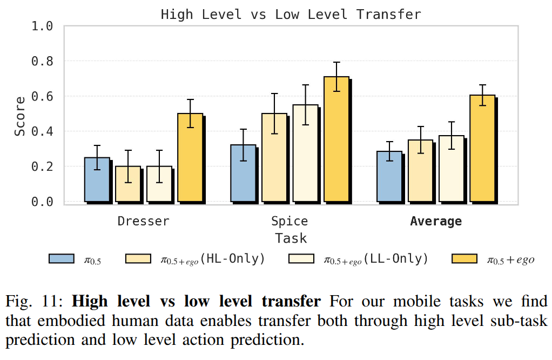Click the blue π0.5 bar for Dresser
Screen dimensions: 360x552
97,179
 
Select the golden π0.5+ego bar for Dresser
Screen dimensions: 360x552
190,157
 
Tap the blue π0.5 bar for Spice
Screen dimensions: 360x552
243,173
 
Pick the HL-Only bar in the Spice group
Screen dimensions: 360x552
274,157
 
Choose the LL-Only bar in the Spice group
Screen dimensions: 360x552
305,153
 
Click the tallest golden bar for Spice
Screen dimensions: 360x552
336,139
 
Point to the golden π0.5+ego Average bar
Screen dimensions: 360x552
482,148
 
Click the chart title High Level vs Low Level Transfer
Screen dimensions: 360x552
291,14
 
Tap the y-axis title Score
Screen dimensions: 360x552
20,116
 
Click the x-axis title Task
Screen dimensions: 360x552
291,238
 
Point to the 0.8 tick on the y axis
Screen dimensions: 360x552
42,61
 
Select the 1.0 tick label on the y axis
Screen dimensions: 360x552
42,26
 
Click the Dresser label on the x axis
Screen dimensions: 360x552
143,221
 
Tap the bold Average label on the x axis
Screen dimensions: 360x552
436,221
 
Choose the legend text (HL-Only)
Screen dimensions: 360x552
233,259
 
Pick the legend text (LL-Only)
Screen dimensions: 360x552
395,259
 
